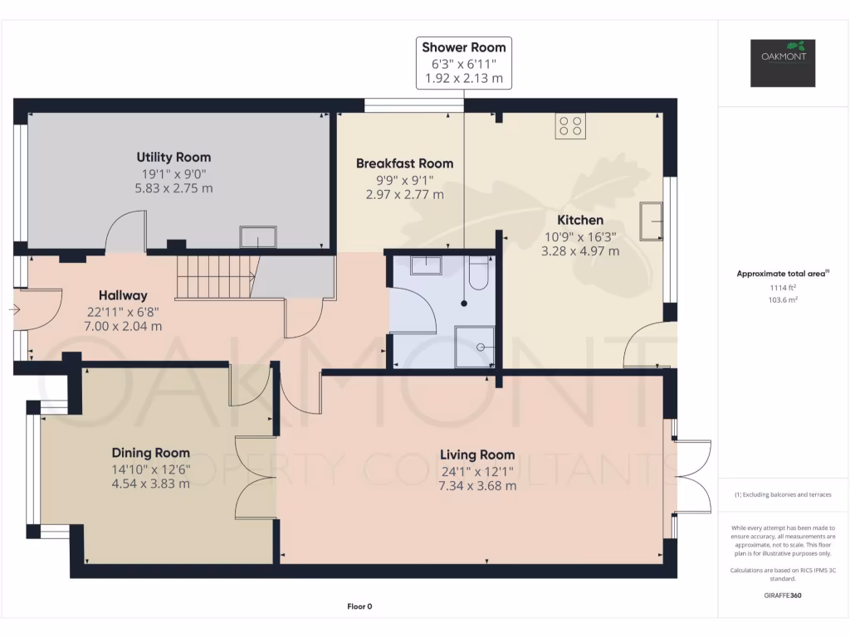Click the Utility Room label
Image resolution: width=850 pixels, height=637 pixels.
point(174,157)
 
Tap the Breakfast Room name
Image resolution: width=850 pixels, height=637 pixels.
point(404,163)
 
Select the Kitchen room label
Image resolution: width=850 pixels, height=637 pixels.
point(579,220)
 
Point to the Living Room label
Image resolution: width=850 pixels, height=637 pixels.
point(476,455)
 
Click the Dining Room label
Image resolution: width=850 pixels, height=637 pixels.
point(150,453)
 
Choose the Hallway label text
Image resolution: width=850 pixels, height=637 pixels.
point(123,295)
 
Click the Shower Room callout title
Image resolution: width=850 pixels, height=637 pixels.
point(463,47)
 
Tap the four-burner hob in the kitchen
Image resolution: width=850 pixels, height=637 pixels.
point(570,126)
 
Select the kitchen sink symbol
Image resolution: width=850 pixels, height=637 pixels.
point(652,221)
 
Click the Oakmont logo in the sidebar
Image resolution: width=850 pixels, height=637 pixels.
point(784,63)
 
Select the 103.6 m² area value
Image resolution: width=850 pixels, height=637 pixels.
point(783,300)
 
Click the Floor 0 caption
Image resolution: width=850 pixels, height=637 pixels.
point(359,606)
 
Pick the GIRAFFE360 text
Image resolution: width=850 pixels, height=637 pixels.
point(783,595)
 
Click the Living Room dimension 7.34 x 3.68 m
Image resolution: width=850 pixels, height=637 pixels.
point(476,485)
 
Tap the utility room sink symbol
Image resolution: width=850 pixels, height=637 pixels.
point(259,237)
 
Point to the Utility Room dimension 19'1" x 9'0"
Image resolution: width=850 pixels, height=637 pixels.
point(174,173)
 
